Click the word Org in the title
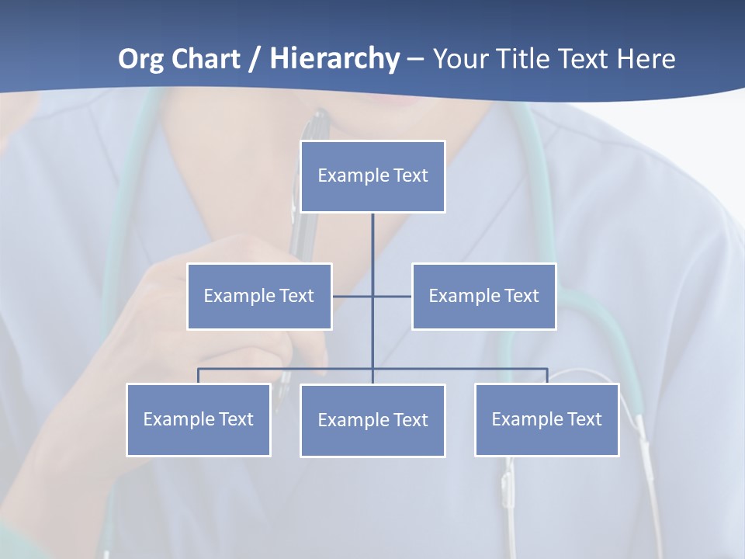coord(140,59)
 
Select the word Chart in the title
coord(202,59)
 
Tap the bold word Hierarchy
coord(334,59)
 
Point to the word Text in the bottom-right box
coord(584,419)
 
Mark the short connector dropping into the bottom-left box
coord(198,376)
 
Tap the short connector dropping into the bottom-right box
coord(547,376)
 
